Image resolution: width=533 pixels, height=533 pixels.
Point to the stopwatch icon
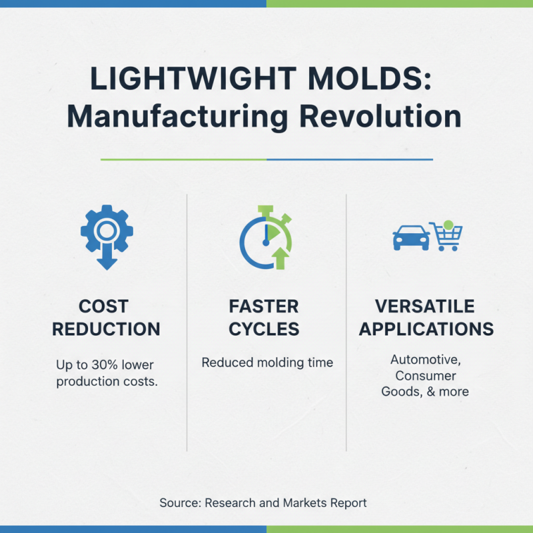pos(266,237)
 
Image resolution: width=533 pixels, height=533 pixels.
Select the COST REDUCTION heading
pos(107,317)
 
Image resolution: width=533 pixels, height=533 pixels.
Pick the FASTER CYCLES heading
pos(264,317)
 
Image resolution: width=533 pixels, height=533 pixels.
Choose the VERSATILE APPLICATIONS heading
pos(424,317)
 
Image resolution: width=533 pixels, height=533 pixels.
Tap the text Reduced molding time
pos(267,362)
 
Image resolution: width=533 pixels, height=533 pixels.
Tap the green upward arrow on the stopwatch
pos(280,258)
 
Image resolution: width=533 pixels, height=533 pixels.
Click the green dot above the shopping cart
pos(448,225)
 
